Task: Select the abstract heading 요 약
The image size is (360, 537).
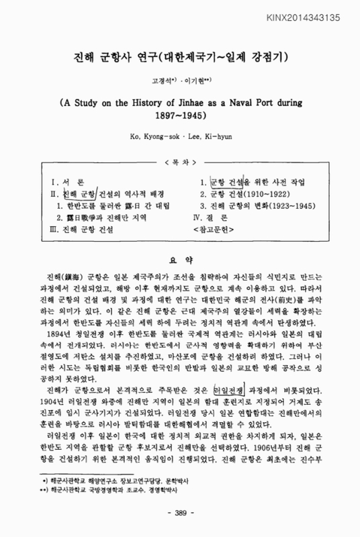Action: [179, 258]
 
